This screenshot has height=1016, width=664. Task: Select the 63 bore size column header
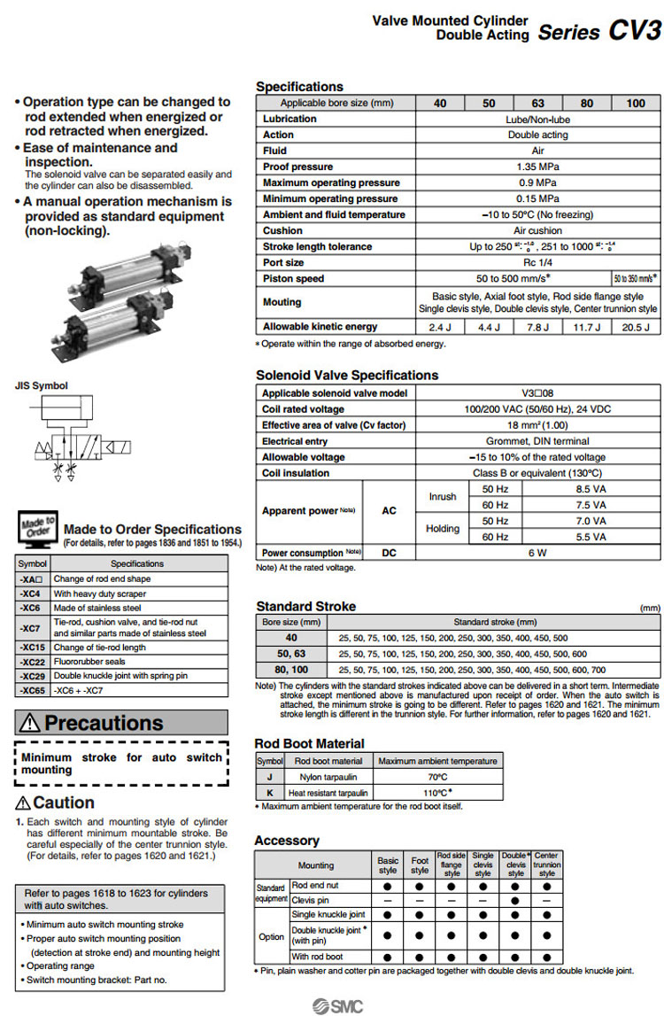[x=537, y=103]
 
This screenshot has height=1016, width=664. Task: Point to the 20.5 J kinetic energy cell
[x=636, y=327]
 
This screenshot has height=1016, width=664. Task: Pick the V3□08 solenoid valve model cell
[x=537, y=393]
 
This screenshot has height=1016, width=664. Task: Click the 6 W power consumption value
[x=537, y=553]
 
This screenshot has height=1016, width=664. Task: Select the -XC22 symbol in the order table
[x=33, y=662]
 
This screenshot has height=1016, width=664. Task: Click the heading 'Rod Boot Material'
[x=309, y=744]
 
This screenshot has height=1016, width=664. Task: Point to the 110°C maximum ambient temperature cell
[x=437, y=793]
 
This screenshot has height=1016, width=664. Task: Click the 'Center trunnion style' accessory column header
[x=546, y=865]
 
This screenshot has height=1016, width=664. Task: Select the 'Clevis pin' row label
[x=310, y=899]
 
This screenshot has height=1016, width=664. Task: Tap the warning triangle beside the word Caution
[x=23, y=803]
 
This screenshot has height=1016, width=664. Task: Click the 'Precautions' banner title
[x=104, y=723]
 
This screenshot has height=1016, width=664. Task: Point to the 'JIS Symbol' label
[x=41, y=386]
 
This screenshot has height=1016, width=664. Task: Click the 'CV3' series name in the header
[x=634, y=31]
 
